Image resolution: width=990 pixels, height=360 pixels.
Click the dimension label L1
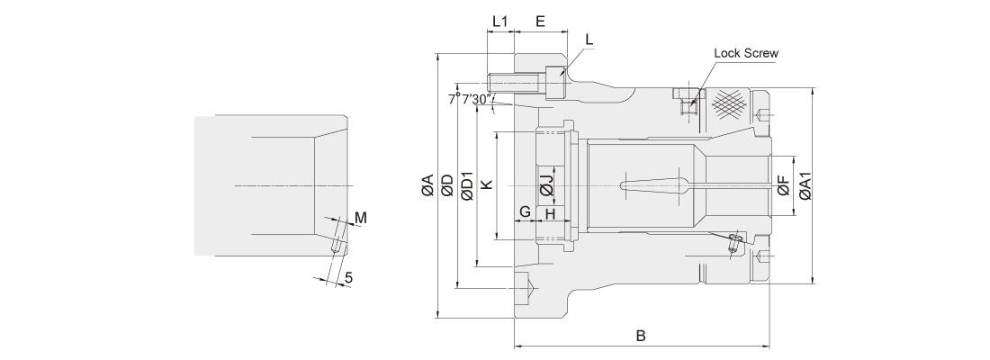point(500,21)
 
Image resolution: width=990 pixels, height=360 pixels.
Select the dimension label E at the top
point(539,21)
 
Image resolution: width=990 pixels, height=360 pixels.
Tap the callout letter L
point(589,40)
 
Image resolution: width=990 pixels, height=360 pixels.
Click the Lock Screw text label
point(745,53)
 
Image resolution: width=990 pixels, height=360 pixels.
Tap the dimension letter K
point(486,184)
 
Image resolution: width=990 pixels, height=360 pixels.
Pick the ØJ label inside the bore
point(546,185)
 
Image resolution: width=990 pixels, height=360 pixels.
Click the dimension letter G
point(524,212)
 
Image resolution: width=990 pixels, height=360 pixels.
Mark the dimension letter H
point(552,212)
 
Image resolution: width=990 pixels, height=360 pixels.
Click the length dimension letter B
point(641,336)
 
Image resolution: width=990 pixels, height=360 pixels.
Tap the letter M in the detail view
point(360,218)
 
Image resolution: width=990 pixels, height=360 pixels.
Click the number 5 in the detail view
point(348,278)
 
